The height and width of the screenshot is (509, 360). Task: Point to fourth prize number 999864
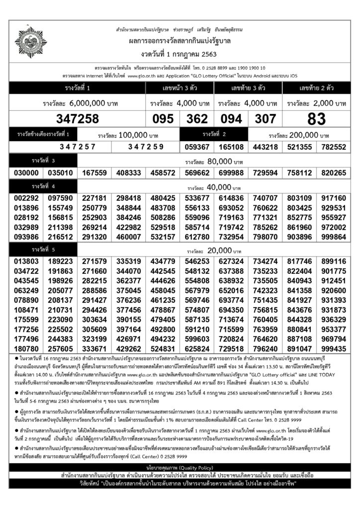coord(333,238)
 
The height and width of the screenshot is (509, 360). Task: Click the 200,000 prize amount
coord(298,135)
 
